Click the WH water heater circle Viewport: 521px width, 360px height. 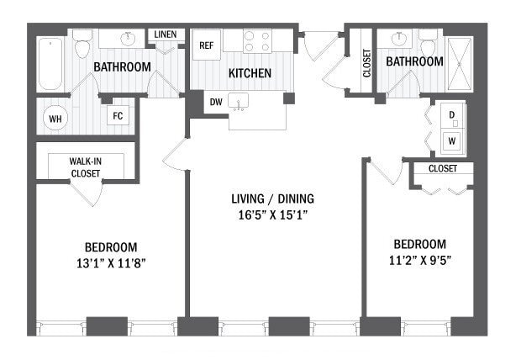point(55,119)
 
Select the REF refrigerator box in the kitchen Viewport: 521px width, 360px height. point(206,45)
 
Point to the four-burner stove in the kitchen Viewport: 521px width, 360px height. point(256,41)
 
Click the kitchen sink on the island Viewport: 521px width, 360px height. point(239,102)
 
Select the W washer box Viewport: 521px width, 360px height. point(451,140)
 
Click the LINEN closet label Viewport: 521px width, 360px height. point(164,34)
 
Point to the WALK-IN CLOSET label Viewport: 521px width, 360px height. point(85,167)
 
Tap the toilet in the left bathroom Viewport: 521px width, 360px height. point(82,45)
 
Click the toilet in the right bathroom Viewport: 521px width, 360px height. point(428,42)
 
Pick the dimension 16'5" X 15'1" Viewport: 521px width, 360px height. point(273,214)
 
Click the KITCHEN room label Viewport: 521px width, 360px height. point(250,73)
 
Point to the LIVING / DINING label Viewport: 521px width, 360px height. point(273,199)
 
